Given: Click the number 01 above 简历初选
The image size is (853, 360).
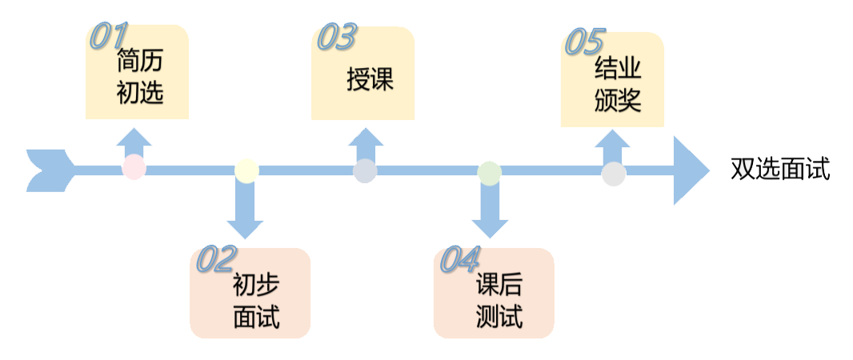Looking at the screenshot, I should click(x=109, y=36).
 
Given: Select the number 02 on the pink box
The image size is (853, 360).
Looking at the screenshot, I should click(x=217, y=259).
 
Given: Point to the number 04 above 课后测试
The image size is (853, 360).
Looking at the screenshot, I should click(x=460, y=258).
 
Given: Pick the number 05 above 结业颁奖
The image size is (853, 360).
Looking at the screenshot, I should click(x=586, y=42).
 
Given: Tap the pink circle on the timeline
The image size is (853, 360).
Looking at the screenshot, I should click(x=134, y=168).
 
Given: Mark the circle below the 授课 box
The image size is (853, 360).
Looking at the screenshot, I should click(x=365, y=171).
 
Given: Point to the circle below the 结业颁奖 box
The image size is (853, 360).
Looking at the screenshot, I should click(x=614, y=174).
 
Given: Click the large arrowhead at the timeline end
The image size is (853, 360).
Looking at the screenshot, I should click(x=689, y=170).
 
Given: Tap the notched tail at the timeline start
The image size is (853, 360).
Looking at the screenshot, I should click(x=48, y=170).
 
